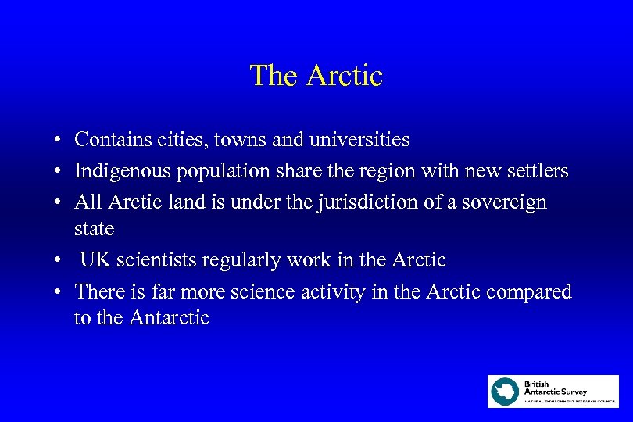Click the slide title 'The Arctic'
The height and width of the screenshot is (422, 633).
point(316,76)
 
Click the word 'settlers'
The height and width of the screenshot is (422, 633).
point(540,170)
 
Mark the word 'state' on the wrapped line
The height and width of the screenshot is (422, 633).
point(94,230)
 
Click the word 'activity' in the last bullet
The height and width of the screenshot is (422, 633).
point(334,291)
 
